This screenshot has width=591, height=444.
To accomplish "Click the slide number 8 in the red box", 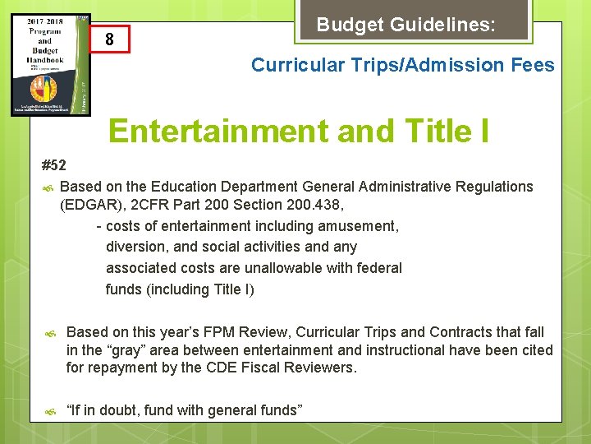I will (x=109, y=40).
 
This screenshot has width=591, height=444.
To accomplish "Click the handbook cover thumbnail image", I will (x=51, y=63).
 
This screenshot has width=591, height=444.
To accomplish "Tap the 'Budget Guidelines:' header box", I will (x=405, y=25).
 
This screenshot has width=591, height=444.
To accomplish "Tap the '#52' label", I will (x=53, y=165).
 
